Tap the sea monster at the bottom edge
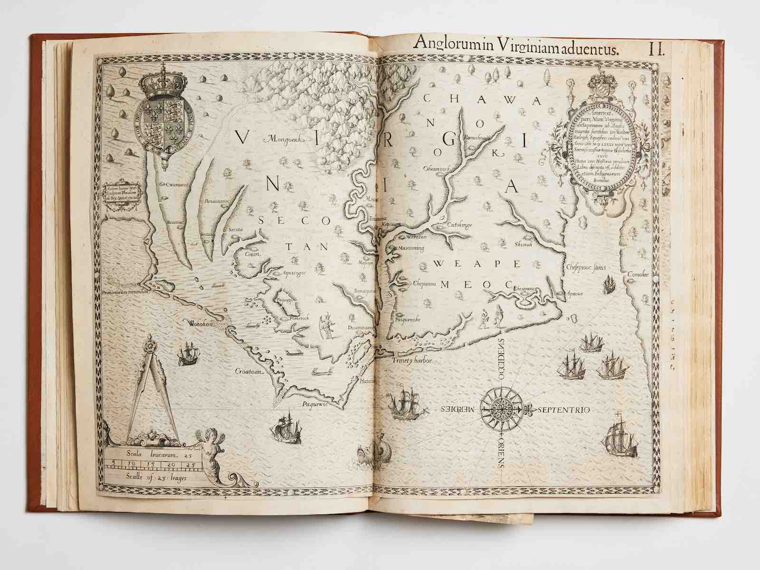pyautogui.click(x=376, y=456)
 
